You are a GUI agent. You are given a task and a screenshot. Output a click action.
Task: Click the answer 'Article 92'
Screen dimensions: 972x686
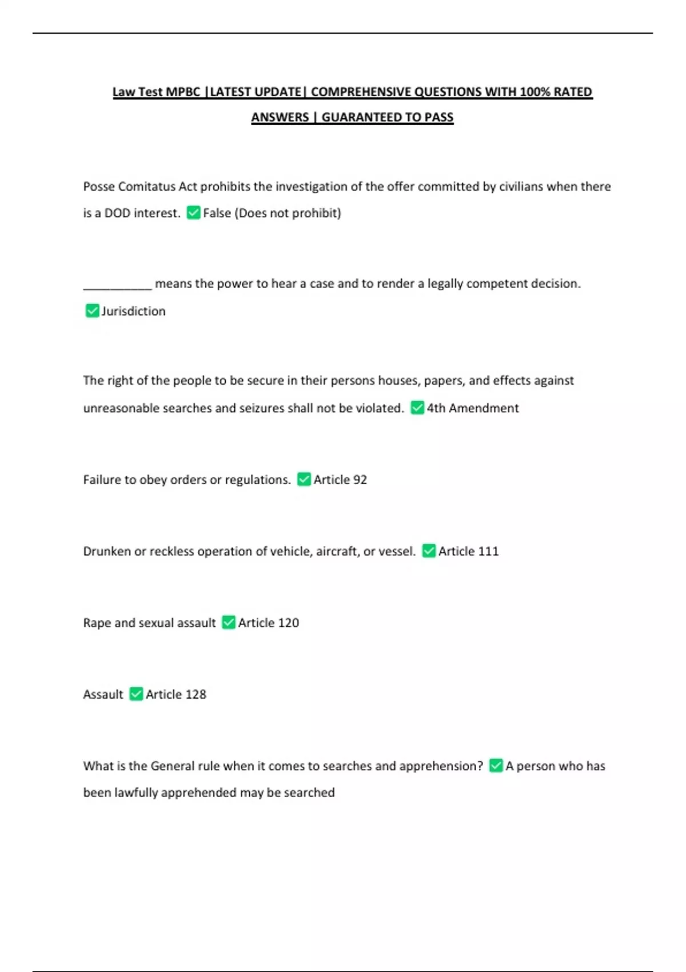(340, 480)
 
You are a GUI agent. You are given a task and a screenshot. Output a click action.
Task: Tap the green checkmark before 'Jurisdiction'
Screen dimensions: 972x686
(92, 310)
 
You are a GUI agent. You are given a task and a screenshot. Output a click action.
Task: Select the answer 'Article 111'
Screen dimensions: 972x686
(468, 551)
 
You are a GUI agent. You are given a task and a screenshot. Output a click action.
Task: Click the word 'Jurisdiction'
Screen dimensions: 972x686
(133, 311)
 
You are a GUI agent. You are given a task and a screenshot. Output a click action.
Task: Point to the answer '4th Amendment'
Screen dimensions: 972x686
(473, 408)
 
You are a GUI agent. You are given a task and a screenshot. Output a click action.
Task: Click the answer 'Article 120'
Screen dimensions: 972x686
(268, 623)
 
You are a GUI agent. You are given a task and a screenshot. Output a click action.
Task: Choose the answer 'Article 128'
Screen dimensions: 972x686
(176, 694)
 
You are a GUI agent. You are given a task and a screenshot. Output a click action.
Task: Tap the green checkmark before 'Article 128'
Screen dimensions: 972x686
(136, 694)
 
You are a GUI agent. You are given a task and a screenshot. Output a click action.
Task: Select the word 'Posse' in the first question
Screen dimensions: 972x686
(99, 187)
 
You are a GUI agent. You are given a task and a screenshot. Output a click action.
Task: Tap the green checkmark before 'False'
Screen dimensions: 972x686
(194, 213)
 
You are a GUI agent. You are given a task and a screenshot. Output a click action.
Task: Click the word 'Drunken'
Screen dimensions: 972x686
(107, 551)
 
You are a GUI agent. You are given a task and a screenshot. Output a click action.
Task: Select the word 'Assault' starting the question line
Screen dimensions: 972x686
(103, 694)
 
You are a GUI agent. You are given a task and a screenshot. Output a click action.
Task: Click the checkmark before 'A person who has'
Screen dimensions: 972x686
(496, 766)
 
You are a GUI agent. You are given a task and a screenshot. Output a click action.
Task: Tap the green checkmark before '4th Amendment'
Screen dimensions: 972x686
(417, 408)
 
